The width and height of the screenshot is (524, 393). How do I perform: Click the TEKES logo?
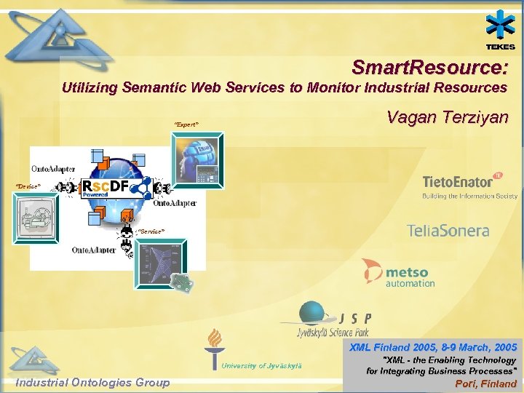(x=501, y=31)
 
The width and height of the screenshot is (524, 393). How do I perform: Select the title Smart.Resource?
(x=429, y=68)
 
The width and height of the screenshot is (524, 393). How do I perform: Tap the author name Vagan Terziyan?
(x=447, y=117)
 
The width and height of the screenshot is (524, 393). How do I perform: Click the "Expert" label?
(x=186, y=124)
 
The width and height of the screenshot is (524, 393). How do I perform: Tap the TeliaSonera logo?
(x=448, y=231)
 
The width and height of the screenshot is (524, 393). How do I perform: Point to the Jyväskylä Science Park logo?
(x=327, y=319)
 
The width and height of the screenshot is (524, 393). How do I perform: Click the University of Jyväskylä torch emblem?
(x=215, y=348)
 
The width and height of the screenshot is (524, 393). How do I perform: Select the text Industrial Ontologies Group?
(x=92, y=383)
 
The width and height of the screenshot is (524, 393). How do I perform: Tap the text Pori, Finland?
(x=485, y=384)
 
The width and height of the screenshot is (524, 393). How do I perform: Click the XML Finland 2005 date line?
(x=433, y=347)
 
